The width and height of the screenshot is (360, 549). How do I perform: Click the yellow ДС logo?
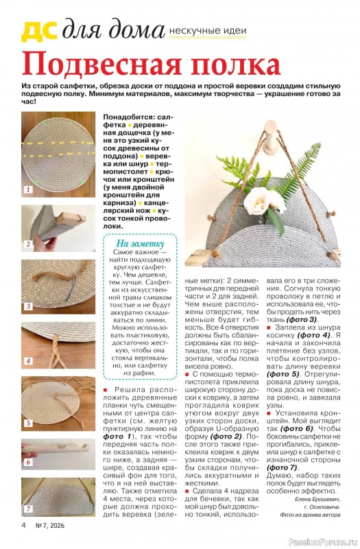[39, 31]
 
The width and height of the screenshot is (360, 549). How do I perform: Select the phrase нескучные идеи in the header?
[208, 31]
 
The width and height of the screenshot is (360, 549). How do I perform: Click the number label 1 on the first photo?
[28, 190]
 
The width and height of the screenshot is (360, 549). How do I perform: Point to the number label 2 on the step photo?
[28, 244]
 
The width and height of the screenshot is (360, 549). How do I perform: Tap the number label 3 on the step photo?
[28, 306]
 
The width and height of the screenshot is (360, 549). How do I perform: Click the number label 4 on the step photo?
[28, 361]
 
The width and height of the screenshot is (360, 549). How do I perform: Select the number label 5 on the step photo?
[28, 423]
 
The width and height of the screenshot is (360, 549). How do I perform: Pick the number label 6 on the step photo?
[28, 462]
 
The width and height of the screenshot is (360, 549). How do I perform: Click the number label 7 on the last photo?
[28, 509]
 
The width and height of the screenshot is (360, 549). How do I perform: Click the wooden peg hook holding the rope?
[271, 137]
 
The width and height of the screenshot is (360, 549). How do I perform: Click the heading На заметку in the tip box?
[140, 244]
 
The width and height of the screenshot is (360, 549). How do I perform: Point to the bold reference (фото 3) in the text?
[302, 319]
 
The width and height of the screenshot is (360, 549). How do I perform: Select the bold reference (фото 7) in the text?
[282, 467]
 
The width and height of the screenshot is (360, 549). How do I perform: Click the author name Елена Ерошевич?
[317, 500]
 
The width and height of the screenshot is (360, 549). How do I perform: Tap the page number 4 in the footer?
[23, 525]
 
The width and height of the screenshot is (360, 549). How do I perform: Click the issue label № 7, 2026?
[49, 525]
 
